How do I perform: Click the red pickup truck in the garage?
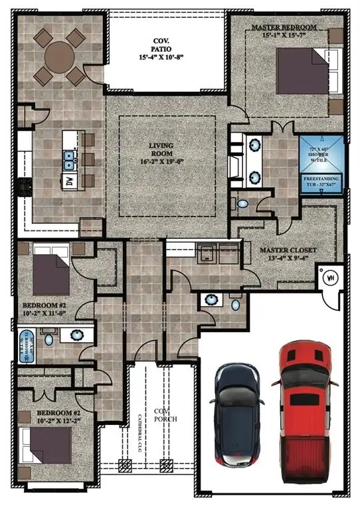coord(305,418)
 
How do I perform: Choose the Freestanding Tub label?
coord(321,182)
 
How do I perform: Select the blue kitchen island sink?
coord(68,158)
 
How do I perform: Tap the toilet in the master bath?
coord(242,203)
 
